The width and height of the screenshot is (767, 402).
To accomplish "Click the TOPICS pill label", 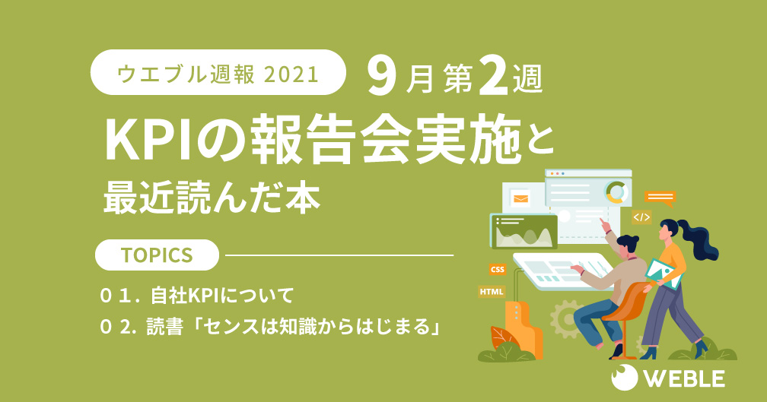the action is (157, 255).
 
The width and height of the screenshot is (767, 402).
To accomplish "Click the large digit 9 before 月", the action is (381, 78).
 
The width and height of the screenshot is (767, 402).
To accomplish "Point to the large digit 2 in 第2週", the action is (493, 78).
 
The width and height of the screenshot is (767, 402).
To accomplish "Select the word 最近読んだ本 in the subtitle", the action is (212, 198).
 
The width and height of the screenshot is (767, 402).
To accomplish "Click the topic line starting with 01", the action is (196, 296).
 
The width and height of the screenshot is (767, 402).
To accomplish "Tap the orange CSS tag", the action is (497, 269).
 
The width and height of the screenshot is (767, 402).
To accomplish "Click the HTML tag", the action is (492, 292).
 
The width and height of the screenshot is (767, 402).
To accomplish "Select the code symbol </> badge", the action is (641, 217).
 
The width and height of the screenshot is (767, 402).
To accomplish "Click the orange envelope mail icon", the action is (520, 199).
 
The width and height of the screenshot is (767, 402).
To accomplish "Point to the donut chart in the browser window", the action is (617, 192).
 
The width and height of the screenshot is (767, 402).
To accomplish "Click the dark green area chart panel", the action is (524, 232).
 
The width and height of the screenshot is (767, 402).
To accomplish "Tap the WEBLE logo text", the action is (684, 379).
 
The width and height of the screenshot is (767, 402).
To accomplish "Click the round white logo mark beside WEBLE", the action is (625, 378).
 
